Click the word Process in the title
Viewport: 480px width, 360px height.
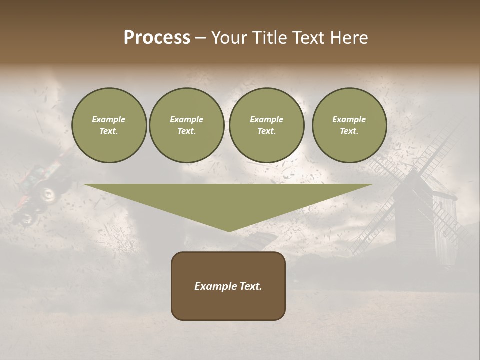pyautogui.click(x=157, y=38)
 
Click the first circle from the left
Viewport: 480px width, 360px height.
pyautogui.click(x=109, y=125)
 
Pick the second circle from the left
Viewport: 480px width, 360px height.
pyautogui.click(x=187, y=125)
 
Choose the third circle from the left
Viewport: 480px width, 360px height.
pyautogui.click(x=266, y=125)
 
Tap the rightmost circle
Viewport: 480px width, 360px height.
pyautogui.click(x=349, y=125)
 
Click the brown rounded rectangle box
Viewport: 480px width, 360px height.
pyautogui.click(x=228, y=300)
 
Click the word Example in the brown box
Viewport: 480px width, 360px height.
pyautogui.click(x=215, y=286)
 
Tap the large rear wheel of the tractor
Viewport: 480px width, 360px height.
pyautogui.click(x=48, y=194)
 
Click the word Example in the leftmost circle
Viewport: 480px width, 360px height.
pyautogui.click(x=109, y=119)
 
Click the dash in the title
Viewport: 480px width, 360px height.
pyautogui.click(x=200, y=38)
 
